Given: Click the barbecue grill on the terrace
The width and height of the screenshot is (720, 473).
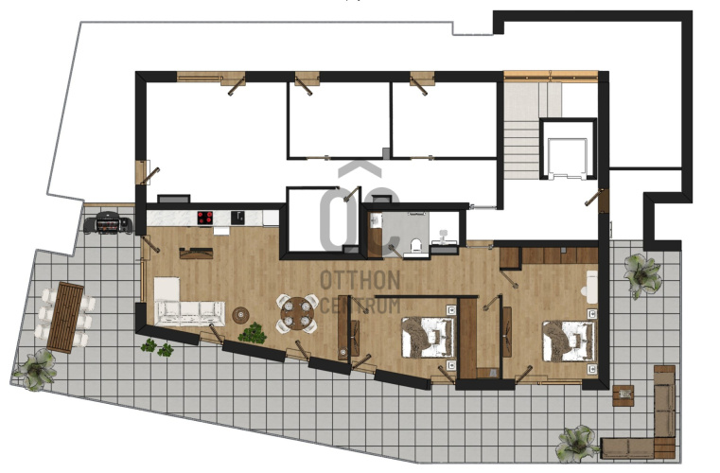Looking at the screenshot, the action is [x=108, y=223].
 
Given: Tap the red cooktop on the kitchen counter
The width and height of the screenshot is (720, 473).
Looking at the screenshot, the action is [x=204, y=218].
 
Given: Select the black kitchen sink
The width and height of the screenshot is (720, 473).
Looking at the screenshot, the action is [x=237, y=218].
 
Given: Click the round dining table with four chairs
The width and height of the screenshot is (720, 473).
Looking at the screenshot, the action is [x=297, y=313].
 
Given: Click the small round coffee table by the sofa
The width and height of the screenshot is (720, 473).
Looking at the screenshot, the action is [x=241, y=315].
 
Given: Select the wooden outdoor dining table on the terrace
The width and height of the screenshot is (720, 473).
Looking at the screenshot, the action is [x=65, y=317].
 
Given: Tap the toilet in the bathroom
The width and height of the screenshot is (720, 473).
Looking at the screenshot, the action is [x=416, y=246].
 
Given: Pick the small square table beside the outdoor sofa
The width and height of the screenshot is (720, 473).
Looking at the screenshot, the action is [x=623, y=395].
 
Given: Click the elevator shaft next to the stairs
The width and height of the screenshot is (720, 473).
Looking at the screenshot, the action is [x=568, y=149].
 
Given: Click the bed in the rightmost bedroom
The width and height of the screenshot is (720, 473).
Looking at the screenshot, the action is [x=569, y=341].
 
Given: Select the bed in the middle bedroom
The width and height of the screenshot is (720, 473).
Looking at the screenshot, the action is [x=428, y=337].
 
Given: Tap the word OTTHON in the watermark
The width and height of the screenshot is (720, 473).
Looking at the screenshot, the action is [x=360, y=280].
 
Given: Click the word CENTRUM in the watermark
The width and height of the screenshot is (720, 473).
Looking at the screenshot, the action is [x=360, y=305].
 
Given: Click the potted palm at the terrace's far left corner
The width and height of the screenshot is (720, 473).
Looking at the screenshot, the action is [x=36, y=370].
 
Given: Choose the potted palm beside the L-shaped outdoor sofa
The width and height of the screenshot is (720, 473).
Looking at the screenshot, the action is [x=577, y=444].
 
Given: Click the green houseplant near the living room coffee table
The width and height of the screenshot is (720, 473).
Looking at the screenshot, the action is [x=252, y=333].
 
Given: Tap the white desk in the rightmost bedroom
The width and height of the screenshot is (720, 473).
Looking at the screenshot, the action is [x=592, y=287].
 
